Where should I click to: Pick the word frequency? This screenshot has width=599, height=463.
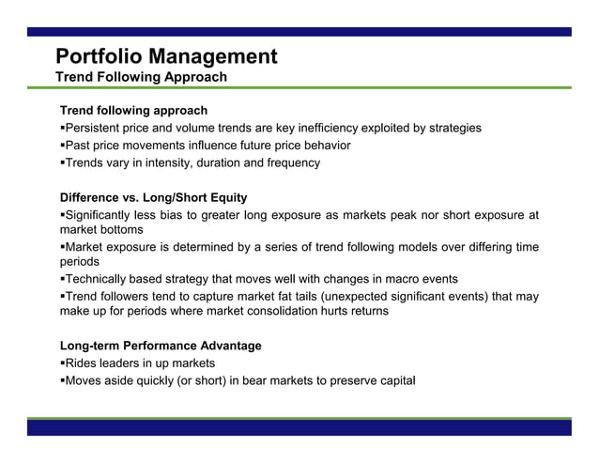click(x=290, y=162)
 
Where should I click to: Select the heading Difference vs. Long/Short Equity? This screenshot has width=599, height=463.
click(x=153, y=197)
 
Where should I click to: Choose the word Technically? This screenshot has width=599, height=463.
click(x=100, y=279)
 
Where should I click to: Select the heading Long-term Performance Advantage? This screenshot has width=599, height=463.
click(x=161, y=346)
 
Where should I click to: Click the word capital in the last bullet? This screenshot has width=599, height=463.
click(x=394, y=380)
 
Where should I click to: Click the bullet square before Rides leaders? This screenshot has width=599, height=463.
click(x=62, y=363)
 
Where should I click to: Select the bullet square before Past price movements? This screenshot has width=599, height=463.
click(x=62, y=146)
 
